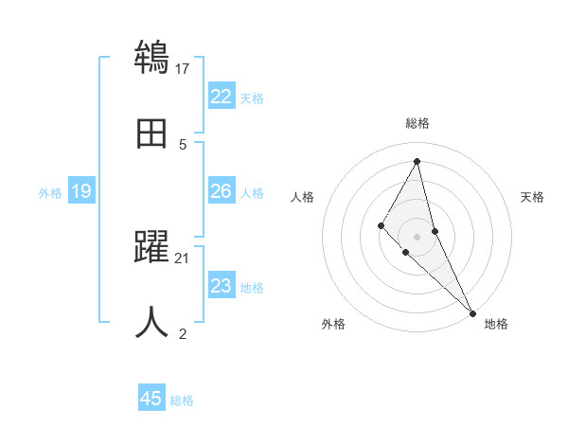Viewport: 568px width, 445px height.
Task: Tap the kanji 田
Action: (x=151, y=133)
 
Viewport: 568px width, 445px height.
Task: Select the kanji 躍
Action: (x=151, y=247)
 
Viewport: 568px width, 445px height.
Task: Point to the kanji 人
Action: (x=151, y=322)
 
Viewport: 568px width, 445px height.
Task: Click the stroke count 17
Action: (x=183, y=68)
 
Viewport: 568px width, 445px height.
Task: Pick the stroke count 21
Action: (x=183, y=258)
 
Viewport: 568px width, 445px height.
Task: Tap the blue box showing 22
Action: (x=221, y=97)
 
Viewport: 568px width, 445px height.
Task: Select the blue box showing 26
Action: (x=221, y=191)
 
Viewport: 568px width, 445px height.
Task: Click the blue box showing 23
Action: (x=221, y=286)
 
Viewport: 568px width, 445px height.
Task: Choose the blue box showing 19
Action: (x=80, y=191)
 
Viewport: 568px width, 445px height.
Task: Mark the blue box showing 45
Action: (x=151, y=399)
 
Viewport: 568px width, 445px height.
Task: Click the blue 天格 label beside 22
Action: (x=252, y=98)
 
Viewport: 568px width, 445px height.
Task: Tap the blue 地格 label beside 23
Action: (x=252, y=287)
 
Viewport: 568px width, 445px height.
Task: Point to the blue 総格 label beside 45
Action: (x=182, y=400)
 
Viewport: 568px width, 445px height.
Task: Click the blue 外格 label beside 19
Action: (x=50, y=192)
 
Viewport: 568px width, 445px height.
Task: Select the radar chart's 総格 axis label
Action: (x=417, y=123)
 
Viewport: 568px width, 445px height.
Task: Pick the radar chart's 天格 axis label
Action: (x=532, y=197)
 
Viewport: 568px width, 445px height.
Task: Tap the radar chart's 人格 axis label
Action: (x=302, y=197)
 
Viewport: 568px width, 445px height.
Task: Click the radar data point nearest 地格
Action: (x=472, y=312)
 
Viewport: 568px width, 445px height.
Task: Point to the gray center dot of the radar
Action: (x=417, y=236)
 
